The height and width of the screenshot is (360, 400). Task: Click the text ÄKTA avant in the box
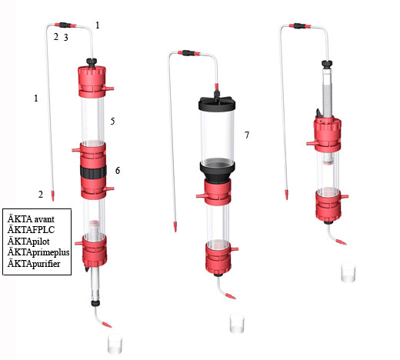tap(31, 219)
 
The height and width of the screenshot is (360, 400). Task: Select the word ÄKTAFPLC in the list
tap(31, 230)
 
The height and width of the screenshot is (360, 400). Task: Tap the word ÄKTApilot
tap(28, 242)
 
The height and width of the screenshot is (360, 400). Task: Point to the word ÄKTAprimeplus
tap(38, 252)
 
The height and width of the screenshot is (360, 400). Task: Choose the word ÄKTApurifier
tap(34, 264)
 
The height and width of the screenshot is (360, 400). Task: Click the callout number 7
tap(247, 135)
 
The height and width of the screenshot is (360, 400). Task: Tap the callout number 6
tap(118, 171)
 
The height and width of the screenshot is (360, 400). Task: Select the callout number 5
tap(112, 122)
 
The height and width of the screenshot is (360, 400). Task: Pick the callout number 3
tap(66, 38)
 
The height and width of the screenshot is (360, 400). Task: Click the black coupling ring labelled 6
tap(93, 172)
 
